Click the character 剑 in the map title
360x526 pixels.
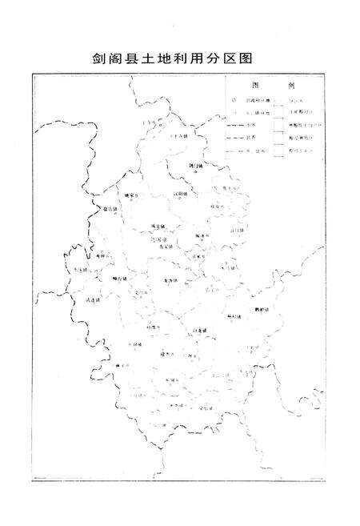[x=101, y=59]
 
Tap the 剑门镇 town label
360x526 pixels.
[x=196, y=166]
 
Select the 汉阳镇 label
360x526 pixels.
[x=181, y=193]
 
